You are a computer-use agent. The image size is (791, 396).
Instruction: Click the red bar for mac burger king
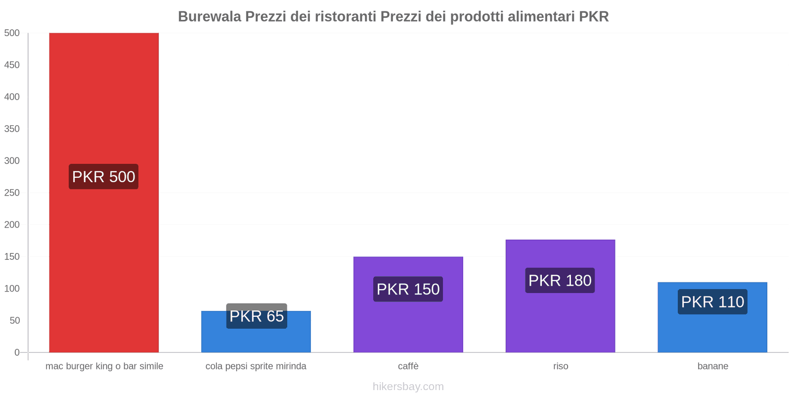coord(104,99)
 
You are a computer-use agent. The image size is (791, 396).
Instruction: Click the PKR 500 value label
coord(104,177)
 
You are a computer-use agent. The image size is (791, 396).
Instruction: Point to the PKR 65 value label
coord(257,316)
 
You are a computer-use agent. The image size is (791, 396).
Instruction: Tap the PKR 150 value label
coord(408,289)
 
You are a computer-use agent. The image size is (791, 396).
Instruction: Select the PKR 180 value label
coord(560,280)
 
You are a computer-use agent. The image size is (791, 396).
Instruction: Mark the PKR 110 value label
coord(712,302)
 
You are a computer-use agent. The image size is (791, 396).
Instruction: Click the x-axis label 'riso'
coord(561,366)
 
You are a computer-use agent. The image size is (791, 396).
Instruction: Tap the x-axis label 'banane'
coord(712,366)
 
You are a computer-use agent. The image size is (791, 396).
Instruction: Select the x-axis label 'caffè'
coord(408,366)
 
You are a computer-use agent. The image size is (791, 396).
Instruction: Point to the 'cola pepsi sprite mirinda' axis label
coord(256,366)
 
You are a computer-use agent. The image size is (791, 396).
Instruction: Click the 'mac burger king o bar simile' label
coord(104,366)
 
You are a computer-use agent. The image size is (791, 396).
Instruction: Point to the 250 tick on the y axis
coord(12,193)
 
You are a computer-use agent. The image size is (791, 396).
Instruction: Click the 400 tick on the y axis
coord(12,97)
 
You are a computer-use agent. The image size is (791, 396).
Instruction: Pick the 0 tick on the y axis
coord(17,352)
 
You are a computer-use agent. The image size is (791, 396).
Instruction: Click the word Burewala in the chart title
coord(209,17)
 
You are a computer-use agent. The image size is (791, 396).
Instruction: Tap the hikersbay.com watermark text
coord(408,387)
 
